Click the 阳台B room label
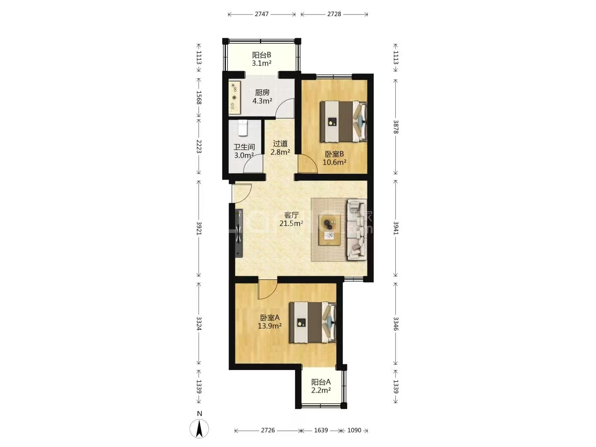pos(262,55)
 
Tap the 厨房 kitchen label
pos(262,93)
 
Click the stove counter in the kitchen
pos(235,97)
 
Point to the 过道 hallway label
pos(280,144)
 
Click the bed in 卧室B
pos(344,122)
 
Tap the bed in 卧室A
pos(312,322)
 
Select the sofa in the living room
pos(357,230)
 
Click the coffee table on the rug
pos(329,230)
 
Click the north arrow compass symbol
pos(199,428)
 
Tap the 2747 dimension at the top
pos(262,14)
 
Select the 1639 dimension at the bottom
pos(321,430)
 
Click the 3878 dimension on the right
pos(396,127)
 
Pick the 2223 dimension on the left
pos(199,146)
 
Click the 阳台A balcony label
pos(321,382)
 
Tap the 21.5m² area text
pos(291,223)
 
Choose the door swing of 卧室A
pos(268,290)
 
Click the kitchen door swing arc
pos(285,108)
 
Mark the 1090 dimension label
pos(354,430)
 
